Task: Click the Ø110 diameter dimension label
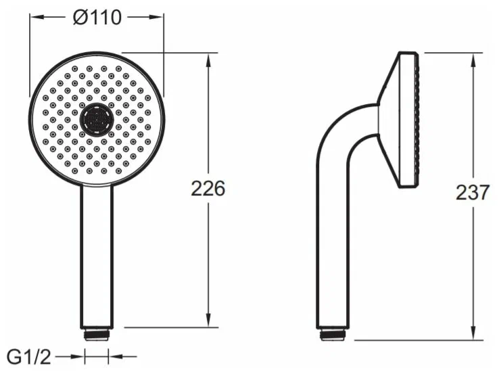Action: point(97,18)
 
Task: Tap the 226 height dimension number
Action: point(208,189)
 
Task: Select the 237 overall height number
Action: point(473,192)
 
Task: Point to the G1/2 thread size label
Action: point(29,357)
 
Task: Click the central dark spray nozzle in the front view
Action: point(97,120)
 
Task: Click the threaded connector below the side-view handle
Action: point(333,335)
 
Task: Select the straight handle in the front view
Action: point(97,256)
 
